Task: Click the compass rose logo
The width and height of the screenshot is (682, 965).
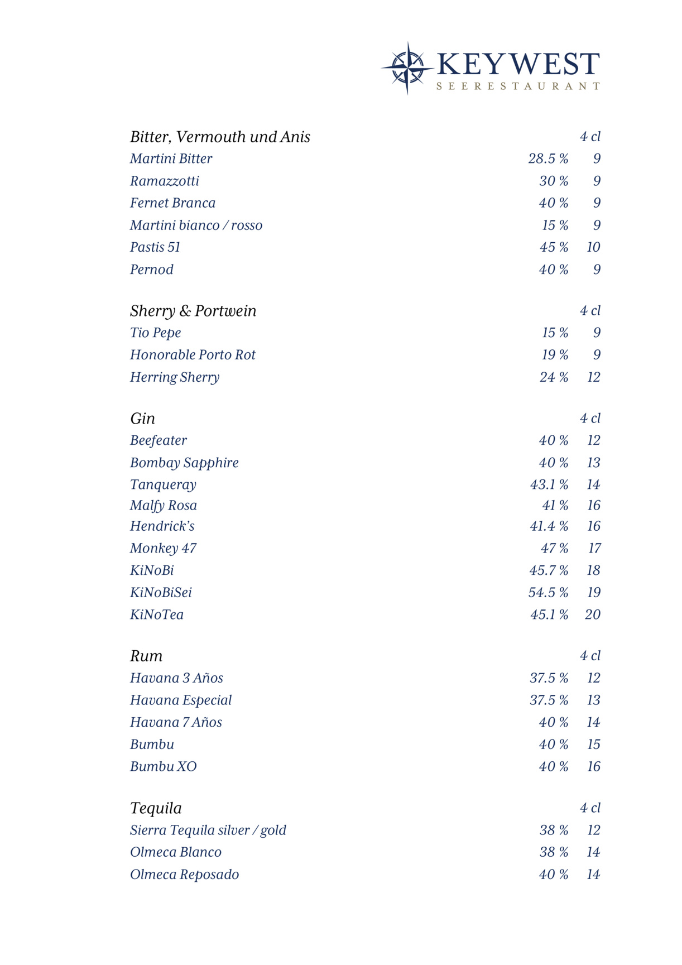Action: click(407, 68)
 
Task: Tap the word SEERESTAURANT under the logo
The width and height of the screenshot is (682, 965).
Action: click(518, 87)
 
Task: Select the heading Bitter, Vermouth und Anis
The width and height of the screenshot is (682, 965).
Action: click(220, 137)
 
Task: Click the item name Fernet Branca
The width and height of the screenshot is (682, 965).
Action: click(172, 203)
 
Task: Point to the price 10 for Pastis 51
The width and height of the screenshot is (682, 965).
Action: click(593, 247)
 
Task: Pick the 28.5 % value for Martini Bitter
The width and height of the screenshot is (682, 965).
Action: click(548, 159)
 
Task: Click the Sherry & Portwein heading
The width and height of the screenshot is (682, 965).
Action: click(193, 311)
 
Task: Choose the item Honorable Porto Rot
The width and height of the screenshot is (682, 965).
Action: click(193, 355)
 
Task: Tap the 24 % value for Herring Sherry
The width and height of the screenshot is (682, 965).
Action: click(554, 377)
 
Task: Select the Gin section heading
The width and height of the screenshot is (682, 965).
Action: click(142, 419)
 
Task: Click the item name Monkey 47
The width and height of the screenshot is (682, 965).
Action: click(163, 549)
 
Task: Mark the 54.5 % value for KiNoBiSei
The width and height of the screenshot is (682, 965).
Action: click(548, 593)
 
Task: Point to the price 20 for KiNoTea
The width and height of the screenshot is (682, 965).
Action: click(593, 615)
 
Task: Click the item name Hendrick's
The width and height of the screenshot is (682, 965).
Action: click(162, 526)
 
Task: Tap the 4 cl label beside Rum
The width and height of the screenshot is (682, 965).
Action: click(590, 656)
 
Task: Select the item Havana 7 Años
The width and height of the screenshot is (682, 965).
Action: click(176, 723)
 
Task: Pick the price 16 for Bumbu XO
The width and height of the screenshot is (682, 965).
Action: click(593, 767)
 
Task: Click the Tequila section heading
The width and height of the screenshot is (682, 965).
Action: click(156, 808)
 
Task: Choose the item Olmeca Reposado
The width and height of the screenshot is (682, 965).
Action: click(184, 875)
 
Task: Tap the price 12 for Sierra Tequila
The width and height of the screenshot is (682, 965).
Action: click(593, 830)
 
